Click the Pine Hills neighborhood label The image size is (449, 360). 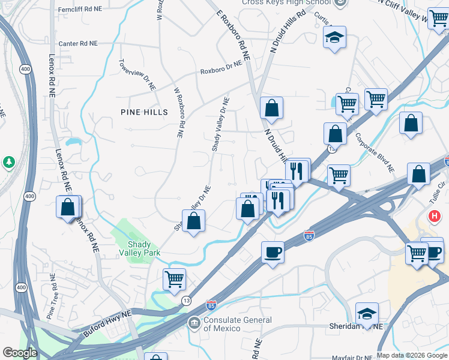point(143,112)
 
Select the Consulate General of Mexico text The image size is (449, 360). point(237,324)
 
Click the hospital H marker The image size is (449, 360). point(433,215)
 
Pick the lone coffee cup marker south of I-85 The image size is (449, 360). point(273,252)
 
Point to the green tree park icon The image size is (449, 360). point(8,162)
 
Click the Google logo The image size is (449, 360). point(19,353)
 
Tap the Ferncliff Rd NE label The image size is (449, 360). point(80,10)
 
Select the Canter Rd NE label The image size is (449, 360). point(78,44)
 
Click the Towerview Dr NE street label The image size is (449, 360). point(137,75)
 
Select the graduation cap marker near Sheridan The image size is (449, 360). point(367,313)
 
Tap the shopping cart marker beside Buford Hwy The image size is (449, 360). point(174,278)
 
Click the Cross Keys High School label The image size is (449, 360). point(286,2)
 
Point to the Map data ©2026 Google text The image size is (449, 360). point(412,355)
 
